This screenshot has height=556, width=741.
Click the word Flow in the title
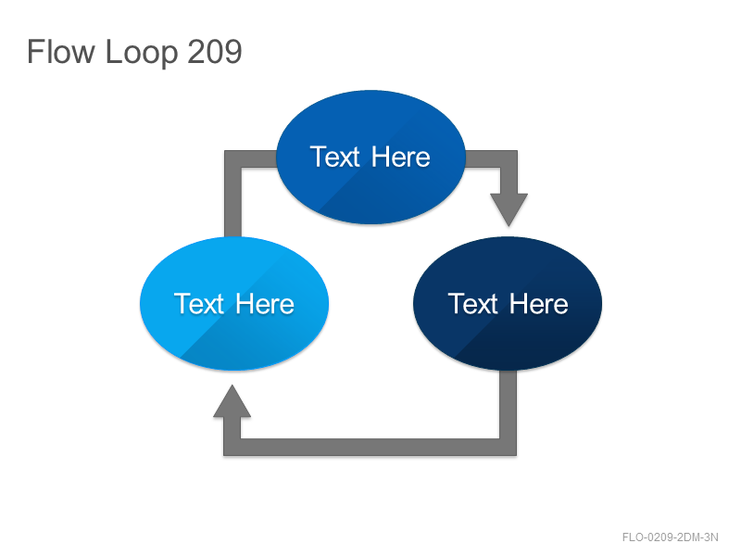point(61,52)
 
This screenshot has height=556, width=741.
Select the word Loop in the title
point(142,53)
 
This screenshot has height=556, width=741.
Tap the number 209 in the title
point(215,52)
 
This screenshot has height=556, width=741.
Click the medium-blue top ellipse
point(371,157)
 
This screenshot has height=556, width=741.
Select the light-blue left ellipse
point(234,304)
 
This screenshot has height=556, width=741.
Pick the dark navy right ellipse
point(508,304)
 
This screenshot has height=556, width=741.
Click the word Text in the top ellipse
point(335,157)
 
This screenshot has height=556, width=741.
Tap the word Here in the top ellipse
point(401,157)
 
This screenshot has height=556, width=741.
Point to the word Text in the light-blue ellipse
point(199,304)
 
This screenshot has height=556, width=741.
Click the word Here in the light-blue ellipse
point(265,304)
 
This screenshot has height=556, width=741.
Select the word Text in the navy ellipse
point(473,304)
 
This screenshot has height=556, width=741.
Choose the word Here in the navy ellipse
point(539,304)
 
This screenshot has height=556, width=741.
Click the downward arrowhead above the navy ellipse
point(509,209)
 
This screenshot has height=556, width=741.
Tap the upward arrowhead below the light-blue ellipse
point(232,401)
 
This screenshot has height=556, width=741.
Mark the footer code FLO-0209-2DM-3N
point(670,537)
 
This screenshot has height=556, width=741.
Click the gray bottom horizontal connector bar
point(370,448)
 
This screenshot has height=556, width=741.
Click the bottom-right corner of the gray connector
point(516,455)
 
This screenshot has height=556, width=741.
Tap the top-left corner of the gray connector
point(224,151)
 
